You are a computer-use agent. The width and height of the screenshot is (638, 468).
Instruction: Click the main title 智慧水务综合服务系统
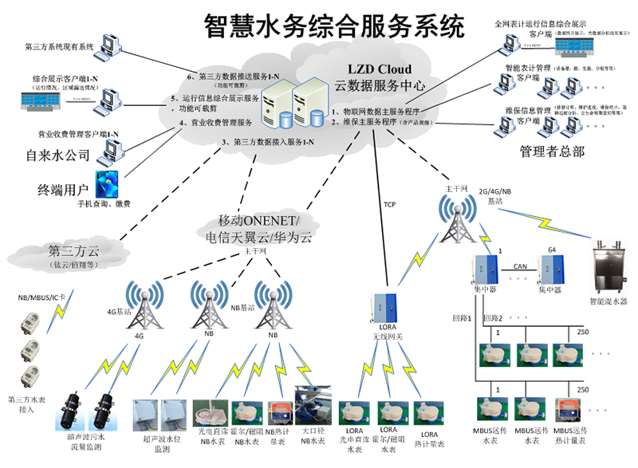[333, 26]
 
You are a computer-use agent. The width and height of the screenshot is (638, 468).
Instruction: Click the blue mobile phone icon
[107, 183]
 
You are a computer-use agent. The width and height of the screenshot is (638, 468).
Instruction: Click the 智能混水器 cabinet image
[612, 268]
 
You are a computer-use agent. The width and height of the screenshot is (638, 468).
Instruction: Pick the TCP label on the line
[390, 204]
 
